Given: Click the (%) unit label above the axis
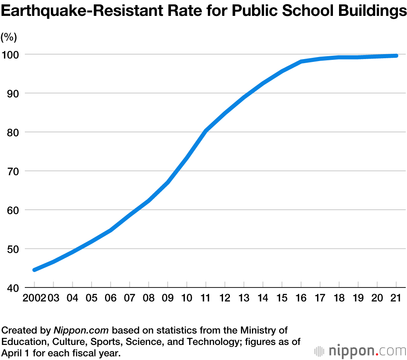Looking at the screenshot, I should click(x=9, y=37).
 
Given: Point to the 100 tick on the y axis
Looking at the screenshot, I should click(x=11, y=55).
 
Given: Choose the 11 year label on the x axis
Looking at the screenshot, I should click(x=206, y=298).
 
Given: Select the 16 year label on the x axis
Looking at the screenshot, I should click(x=301, y=298).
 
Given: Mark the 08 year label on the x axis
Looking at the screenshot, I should click(x=149, y=298).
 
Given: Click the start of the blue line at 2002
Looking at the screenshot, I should click(x=35, y=270).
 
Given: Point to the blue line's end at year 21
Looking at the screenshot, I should click(x=396, y=55).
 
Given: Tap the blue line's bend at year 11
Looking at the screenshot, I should click(x=206, y=130).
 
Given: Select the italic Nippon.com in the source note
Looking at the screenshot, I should click(x=81, y=330).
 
